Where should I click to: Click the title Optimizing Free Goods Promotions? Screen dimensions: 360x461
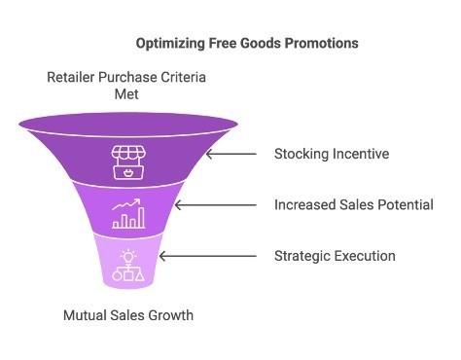point(246,44)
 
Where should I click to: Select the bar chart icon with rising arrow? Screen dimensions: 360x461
point(127,213)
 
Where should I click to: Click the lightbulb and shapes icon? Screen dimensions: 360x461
point(127,266)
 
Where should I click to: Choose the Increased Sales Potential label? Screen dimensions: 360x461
point(353,204)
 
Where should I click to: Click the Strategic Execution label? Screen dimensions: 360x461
point(335,256)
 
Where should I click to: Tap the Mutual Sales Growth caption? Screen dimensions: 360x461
point(127,315)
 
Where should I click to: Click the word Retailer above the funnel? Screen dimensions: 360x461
point(75,78)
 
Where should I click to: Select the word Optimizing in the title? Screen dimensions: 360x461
point(170,44)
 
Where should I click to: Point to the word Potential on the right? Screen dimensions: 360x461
point(405,204)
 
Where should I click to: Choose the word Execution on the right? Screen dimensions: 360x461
point(364,256)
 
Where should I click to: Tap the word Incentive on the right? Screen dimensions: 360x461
point(360,154)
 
